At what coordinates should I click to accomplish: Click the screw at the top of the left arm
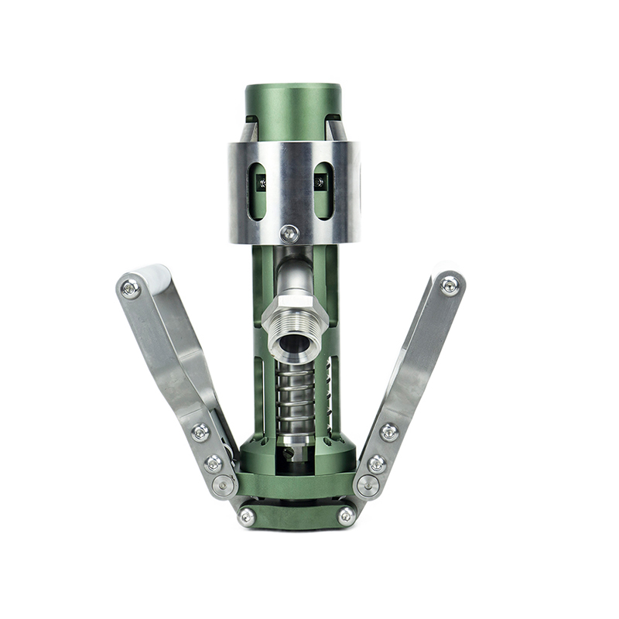(131, 289)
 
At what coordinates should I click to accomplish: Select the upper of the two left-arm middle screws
(200, 432)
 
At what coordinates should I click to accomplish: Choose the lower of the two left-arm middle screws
(213, 463)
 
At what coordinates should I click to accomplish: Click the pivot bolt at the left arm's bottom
(225, 485)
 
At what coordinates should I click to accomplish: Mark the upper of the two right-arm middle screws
(389, 432)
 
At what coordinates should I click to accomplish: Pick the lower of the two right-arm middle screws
(377, 463)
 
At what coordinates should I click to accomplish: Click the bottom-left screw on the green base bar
(247, 516)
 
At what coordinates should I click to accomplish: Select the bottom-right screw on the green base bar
(346, 515)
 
